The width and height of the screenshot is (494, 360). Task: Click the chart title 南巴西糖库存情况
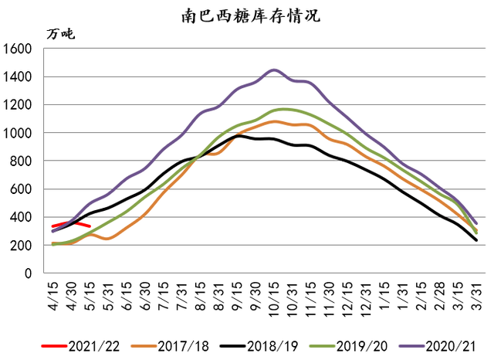(247, 15)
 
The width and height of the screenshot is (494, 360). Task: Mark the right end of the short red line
(90, 226)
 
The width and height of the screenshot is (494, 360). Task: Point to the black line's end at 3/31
(476, 240)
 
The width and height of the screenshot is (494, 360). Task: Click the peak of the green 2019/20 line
(284, 109)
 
